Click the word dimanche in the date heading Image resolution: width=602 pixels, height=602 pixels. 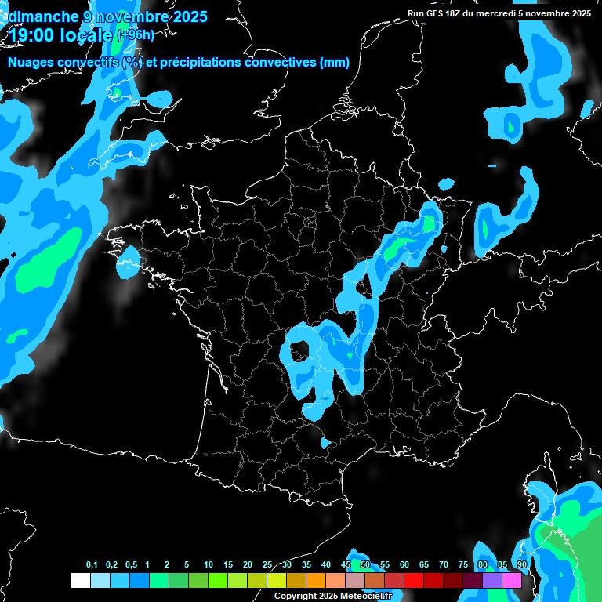41,16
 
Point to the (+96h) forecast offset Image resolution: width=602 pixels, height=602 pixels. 135,34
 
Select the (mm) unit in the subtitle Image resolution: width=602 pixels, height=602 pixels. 334,63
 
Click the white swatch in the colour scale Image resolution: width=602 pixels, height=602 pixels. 80,580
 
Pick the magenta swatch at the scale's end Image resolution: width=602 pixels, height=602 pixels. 512,580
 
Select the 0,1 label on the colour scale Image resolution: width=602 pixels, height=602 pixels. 92,564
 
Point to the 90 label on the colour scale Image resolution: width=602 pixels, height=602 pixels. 521,564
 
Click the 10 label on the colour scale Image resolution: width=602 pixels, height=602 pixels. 209,564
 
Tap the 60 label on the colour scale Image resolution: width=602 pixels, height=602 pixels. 404,564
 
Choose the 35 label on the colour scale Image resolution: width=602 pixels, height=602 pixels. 306,564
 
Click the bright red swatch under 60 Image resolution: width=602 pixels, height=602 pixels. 414,580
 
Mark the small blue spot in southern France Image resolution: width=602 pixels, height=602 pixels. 325,444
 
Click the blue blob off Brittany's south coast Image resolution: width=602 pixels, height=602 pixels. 128,263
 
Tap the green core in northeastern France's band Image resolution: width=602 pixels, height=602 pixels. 428,223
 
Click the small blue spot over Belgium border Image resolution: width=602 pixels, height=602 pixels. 445,184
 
